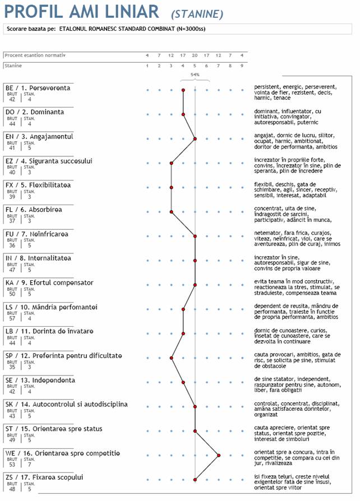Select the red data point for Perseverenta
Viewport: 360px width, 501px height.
click(x=183, y=90)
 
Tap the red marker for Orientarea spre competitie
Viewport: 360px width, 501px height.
click(x=219, y=456)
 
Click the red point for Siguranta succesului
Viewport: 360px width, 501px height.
click(x=172, y=163)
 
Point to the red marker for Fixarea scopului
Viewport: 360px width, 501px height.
click(x=195, y=480)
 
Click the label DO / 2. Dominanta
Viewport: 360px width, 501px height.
click(x=35, y=112)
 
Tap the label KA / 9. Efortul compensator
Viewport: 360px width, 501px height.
click(x=49, y=282)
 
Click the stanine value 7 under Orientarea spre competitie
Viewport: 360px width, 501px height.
click(x=29, y=465)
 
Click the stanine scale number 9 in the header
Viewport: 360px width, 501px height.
click(x=242, y=66)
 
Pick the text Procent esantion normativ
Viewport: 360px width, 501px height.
click(x=35, y=55)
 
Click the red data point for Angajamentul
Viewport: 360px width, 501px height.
click(x=195, y=138)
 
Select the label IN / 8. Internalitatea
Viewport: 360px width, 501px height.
click(x=38, y=258)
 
